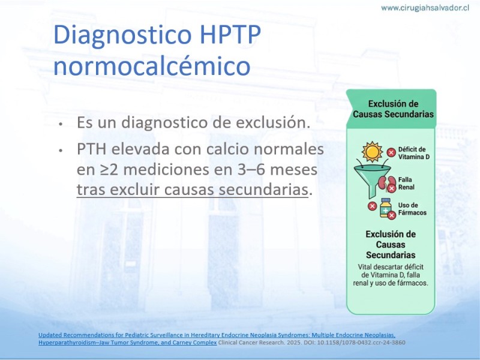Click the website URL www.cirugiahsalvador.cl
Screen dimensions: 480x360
(x=425, y=8)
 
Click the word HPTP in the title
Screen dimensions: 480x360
(x=230, y=34)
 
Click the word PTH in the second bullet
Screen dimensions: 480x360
(x=92, y=149)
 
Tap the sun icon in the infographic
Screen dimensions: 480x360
(x=372, y=152)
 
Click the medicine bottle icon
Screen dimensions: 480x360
(x=386, y=208)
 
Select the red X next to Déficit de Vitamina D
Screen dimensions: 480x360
(x=391, y=152)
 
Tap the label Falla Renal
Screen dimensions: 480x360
(x=406, y=184)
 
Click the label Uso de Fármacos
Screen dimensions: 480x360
(x=412, y=209)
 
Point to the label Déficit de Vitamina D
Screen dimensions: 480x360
(x=413, y=153)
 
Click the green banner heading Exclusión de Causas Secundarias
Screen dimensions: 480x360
(x=393, y=109)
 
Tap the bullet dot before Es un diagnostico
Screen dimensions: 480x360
(x=61, y=124)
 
